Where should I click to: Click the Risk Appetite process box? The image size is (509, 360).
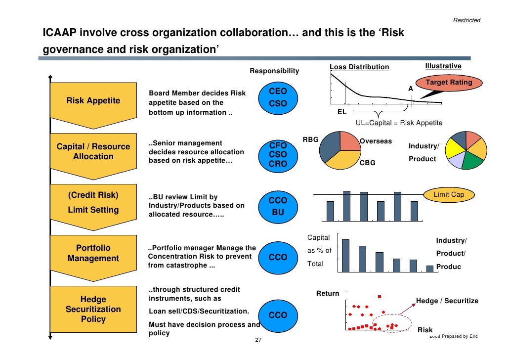click(x=93, y=101)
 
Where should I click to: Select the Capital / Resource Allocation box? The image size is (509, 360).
click(x=93, y=152)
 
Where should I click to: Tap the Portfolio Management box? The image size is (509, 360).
click(x=93, y=253)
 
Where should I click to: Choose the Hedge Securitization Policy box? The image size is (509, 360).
click(x=93, y=309)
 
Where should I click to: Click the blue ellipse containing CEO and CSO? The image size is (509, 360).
click(x=277, y=97)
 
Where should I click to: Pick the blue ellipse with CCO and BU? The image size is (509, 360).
click(x=277, y=206)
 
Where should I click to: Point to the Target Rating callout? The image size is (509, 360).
click(x=449, y=83)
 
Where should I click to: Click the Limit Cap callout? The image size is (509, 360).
click(x=448, y=195)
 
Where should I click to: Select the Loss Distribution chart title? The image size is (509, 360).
click(x=359, y=67)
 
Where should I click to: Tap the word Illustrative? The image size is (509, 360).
click(x=443, y=66)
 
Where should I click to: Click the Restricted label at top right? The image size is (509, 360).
click(x=467, y=20)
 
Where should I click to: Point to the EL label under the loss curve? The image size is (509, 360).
click(x=341, y=112)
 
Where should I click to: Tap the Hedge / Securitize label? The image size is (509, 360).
click(x=447, y=301)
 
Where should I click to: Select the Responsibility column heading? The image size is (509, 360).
click(x=274, y=71)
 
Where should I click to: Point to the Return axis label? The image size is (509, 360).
click(x=328, y=294)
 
